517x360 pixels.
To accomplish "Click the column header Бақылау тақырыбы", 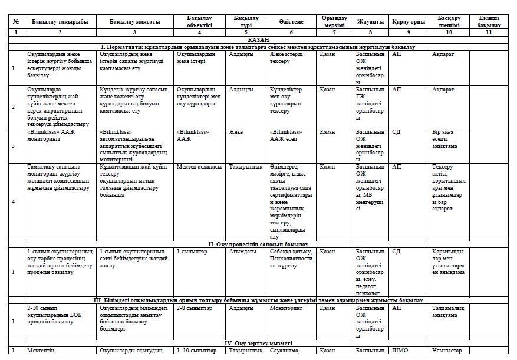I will coord(60,22).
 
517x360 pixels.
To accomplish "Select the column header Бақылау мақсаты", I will coord(134,22).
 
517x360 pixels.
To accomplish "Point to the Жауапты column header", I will coord(370,22).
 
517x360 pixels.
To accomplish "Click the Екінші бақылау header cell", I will coord(489,22).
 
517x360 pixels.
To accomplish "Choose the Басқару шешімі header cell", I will coord(449,22).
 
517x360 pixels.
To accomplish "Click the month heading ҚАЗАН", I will coord(258,39).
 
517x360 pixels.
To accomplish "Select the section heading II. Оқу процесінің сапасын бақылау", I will coord(258,243).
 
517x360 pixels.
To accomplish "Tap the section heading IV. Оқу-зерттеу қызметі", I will coord(258,343).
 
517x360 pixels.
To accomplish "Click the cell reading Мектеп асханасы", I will coord(199,167).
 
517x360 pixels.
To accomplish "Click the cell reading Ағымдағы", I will coord(242,251).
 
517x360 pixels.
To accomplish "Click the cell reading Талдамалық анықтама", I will coord(448,311).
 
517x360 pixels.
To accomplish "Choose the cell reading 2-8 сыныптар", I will coord(194,308).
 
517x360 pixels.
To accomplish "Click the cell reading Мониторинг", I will coord(286,308).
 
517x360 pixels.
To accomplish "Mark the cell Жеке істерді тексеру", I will coord(285,57).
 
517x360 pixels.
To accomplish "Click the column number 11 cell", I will coord(489,32).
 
